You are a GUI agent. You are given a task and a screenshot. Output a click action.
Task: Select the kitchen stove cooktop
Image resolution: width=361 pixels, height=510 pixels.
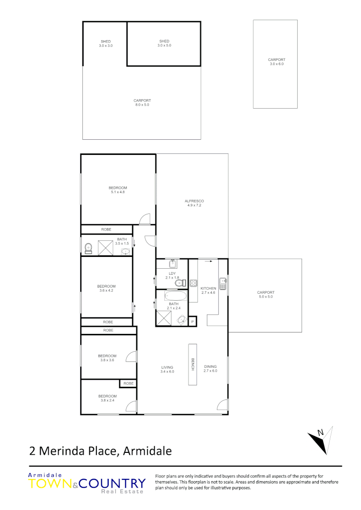[193, 283]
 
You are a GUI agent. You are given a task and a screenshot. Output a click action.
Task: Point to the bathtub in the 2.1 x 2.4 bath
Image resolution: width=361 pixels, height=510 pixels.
[176, 297]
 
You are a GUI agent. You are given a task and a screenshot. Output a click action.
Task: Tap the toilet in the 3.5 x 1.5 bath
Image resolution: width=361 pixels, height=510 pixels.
[87, 248]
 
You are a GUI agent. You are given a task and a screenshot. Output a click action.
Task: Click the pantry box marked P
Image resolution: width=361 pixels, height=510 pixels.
[193, 322]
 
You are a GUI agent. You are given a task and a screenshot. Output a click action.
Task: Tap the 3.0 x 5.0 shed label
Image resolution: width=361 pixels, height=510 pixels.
[164, 43]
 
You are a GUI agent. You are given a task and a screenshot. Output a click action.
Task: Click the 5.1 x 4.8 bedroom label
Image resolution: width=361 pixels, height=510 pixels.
[118, 192]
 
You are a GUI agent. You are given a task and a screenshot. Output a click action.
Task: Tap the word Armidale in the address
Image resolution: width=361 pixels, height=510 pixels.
[147, 450]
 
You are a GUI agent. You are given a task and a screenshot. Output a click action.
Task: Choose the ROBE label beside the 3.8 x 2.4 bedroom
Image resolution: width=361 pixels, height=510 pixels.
[128, 383]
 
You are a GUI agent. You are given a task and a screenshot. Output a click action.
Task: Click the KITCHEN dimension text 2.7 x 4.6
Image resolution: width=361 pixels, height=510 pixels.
[208, 293]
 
